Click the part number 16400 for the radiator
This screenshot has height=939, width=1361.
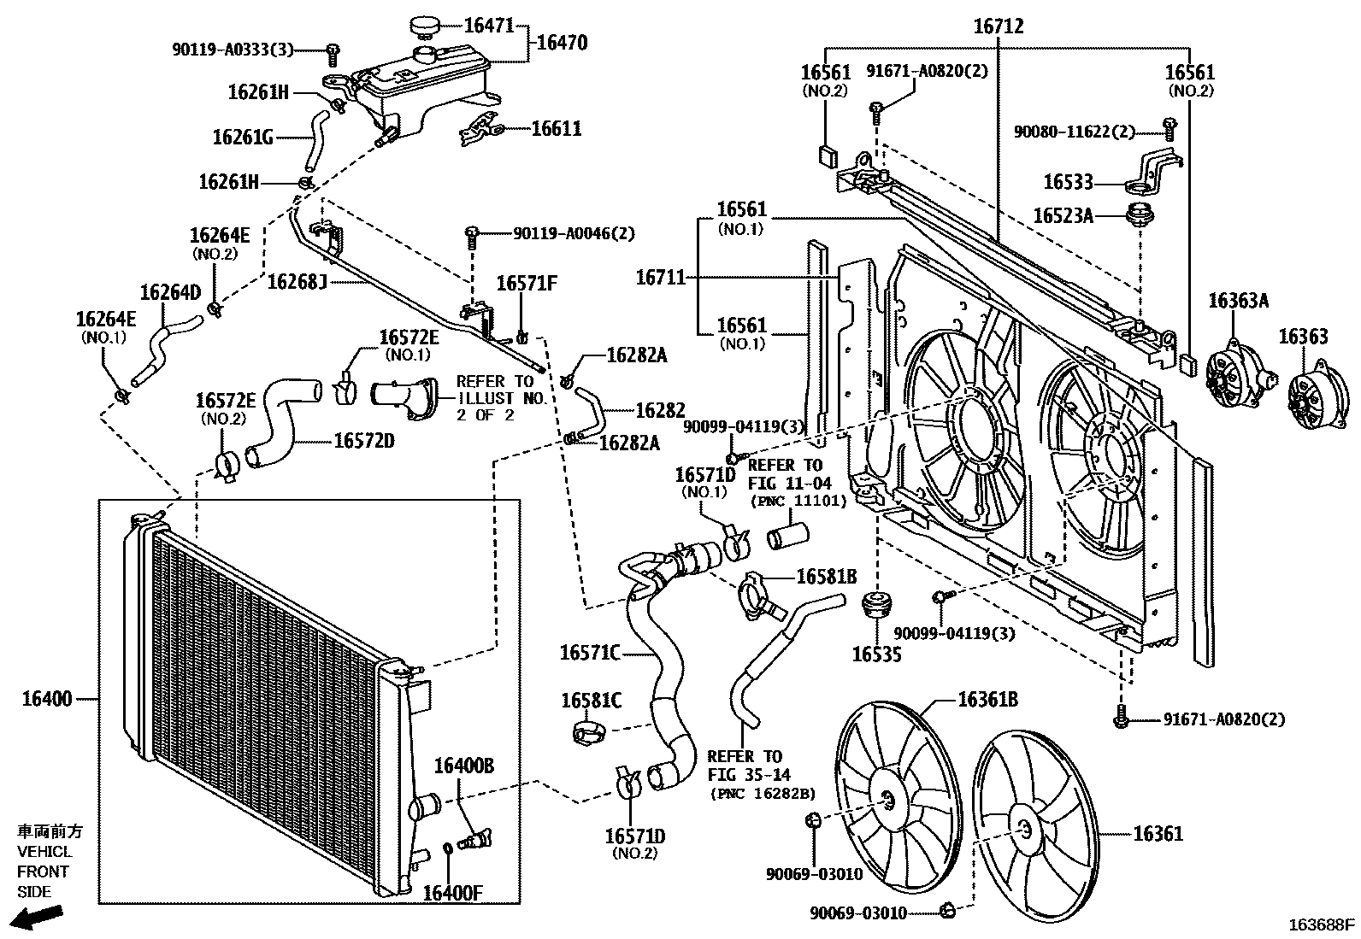pos(46,699)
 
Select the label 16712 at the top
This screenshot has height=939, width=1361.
pos(998,26)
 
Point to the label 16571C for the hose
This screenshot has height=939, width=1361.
pos(589,653)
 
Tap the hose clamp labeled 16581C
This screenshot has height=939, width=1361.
pos(589,731)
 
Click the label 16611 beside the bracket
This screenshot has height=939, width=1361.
pos(556,129)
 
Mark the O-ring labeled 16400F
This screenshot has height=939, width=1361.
pos(449,849)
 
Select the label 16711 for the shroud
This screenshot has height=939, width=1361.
pos(660,277)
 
